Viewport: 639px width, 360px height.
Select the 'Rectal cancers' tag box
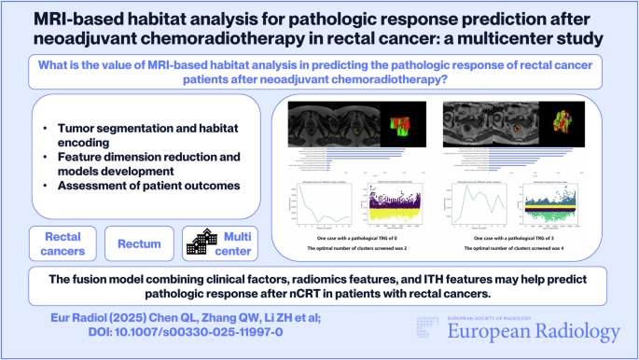click(x=63, y=242)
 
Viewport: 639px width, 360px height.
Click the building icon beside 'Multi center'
click(x=200, y=242)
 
